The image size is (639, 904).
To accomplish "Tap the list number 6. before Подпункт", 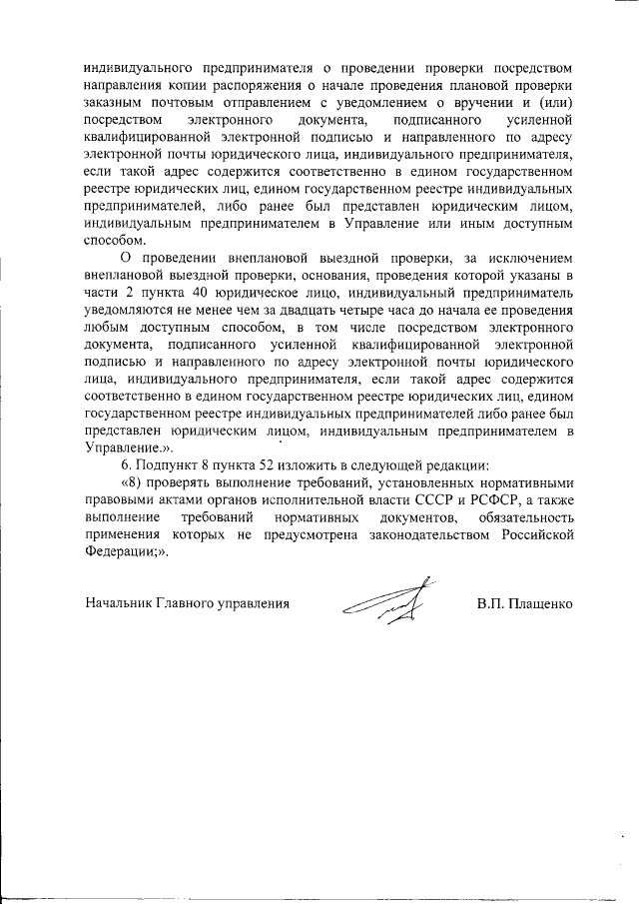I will (126, 466).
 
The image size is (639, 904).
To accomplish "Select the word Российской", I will (530, 536).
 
